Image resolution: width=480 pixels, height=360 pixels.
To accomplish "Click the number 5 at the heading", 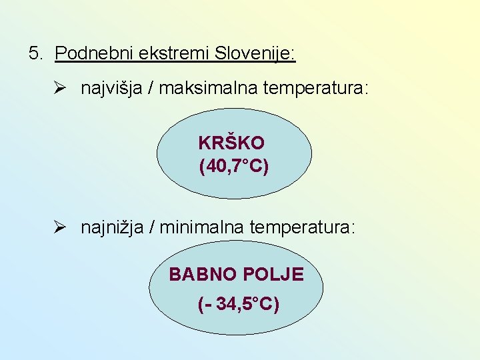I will (x=34, y=53).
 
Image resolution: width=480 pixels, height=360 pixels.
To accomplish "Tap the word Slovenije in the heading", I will (x=255, y=53).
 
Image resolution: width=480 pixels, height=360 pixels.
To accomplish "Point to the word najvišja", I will (x=111, y=89).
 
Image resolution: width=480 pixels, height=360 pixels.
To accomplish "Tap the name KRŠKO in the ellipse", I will (x=231, y=143).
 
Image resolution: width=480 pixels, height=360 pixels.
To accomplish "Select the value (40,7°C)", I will (x=234, y=166).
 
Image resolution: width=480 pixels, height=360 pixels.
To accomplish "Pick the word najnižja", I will (x=111, y=228).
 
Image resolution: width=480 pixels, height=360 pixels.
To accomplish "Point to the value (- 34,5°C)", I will (x=239, y=305).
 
